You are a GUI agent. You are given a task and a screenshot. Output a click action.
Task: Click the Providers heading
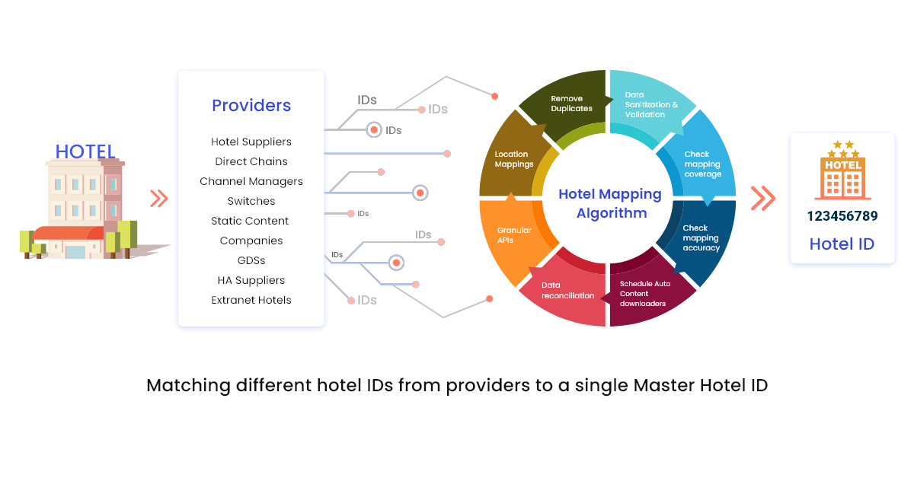251,106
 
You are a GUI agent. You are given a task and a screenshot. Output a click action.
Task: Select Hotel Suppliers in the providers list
251,142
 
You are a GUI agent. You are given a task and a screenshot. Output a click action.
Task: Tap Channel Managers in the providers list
251,181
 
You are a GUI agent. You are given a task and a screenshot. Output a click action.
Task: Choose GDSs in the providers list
251,260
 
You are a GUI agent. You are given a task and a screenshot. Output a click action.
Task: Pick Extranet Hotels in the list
251,300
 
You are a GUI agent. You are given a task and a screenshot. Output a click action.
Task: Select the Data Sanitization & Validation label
651,105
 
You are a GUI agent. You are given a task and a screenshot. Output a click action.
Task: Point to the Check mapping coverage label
702,164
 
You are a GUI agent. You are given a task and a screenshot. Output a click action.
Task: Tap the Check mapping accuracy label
701,237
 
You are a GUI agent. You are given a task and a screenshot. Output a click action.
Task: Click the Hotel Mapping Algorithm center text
610,203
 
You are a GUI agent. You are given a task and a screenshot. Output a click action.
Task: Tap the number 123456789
842,216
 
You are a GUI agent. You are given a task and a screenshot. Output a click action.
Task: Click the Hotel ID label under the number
842,244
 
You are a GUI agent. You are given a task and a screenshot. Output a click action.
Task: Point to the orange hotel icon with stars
842,171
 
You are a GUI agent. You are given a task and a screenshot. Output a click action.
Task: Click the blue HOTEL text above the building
85,151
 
